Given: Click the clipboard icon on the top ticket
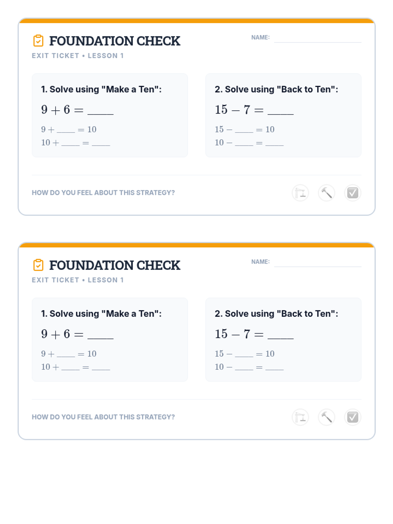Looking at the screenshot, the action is pyautogui.click(x=38, y=41).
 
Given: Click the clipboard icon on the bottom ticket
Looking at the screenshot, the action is pyautogui.click(x=38, y=265).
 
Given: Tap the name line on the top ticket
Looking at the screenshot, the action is pyautogui.click(x=318, y=42).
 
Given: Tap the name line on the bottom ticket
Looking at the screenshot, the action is pyautogui.click(x=318, y=266).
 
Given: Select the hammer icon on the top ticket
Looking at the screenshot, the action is pyautogui.click(x=327, y=193).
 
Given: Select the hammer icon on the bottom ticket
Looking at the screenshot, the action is pyautogui.click(x=327, y=417).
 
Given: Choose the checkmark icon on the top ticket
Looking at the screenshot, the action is pyautogui.click(x=353, y=193).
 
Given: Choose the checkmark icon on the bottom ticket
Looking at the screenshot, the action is pyautogui.click(x=353, y=417).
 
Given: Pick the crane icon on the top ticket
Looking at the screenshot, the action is pyautogui.click(x=300, y=193).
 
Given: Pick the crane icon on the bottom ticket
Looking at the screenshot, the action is pyautogui.click(x=300, y=417).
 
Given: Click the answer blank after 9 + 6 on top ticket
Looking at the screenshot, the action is pyautogui.click(x=101, y=114).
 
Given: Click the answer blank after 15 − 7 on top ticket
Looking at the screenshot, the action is pyautogui.click(x=281, y=114).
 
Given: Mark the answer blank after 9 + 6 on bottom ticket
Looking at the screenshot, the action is pyautogui.click(x=101, y=339).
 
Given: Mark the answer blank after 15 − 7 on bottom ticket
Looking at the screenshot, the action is pyautogui.click(x=281, y=339).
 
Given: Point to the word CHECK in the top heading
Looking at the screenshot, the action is pyautogui.click(x=158, y=41).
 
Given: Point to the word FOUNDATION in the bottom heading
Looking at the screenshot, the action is pyautogui.click(x=91, y=265).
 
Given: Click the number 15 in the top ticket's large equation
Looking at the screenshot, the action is pyautogui.click(x=221, y=110).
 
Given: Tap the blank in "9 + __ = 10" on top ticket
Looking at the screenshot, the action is pyautogui.click(x=66, y=132).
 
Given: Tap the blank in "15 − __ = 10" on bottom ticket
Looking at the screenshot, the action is pyautogui.click(x=244, y=356).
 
